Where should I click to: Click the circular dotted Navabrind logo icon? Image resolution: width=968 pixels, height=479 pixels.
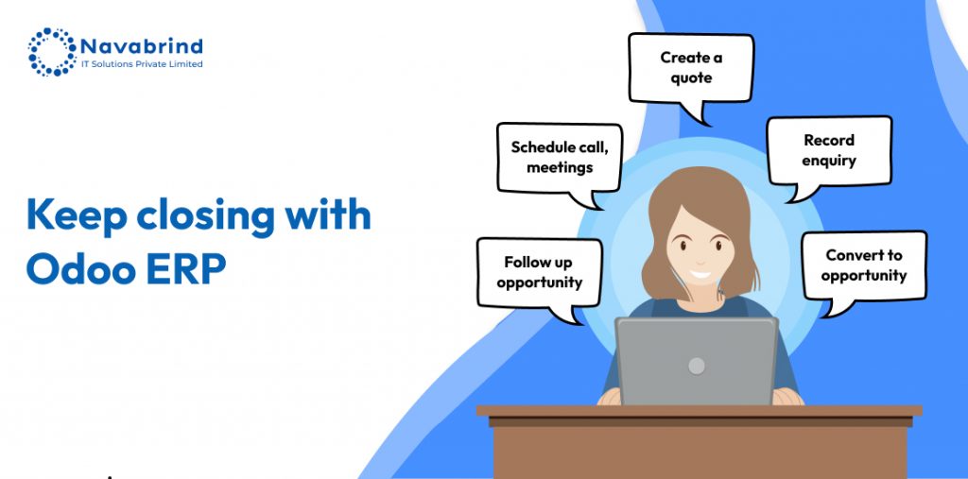click(x=51, y=52)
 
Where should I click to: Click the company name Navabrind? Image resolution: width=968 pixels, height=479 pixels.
click(x=142, y=46)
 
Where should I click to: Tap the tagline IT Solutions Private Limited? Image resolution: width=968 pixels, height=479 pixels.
click(x=142, y=64)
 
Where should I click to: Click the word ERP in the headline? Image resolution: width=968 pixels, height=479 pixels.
click(x=186, y=270)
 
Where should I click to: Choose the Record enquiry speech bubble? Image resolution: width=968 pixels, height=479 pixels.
click(x=829, y=154)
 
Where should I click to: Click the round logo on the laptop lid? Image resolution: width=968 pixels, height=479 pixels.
click(x=697, y=366)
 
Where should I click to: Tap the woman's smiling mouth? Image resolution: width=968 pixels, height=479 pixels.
click(x=700, y=273)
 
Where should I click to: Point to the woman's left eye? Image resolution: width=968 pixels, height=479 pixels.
click(x=718, y=245)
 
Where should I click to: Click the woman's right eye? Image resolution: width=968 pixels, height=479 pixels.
click(x=683, y=245)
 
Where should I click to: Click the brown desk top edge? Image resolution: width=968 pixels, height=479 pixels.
click(x=699, y=411)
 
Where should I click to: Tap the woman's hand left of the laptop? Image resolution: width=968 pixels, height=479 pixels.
click(x=609, y=396)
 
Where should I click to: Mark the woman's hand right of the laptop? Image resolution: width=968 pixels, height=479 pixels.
click(x=787, y=396)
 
